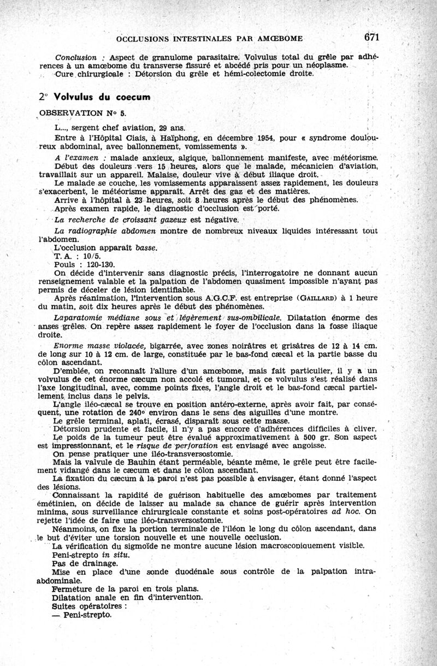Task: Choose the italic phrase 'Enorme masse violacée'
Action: tap(98, 346)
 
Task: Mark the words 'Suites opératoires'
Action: tap(88, 606)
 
